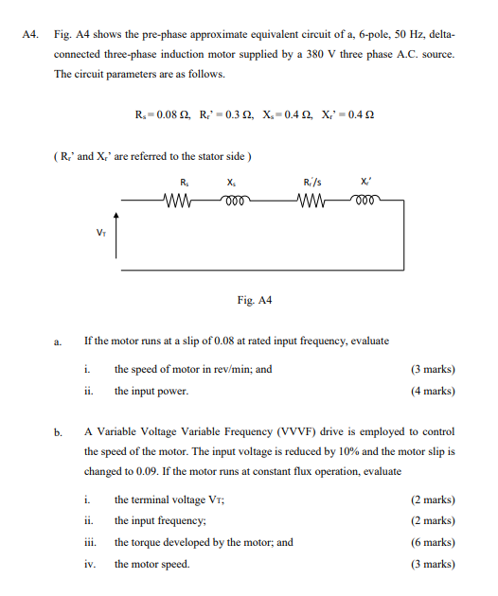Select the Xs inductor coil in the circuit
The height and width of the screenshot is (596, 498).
[234, 200]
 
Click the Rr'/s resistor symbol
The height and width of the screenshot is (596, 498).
[313, 201]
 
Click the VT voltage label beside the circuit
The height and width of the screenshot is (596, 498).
[101, 230]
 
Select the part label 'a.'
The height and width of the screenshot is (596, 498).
[58, 342]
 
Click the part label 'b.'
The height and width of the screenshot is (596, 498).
[58, 432]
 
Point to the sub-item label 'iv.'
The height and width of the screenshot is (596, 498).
[92, 564]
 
